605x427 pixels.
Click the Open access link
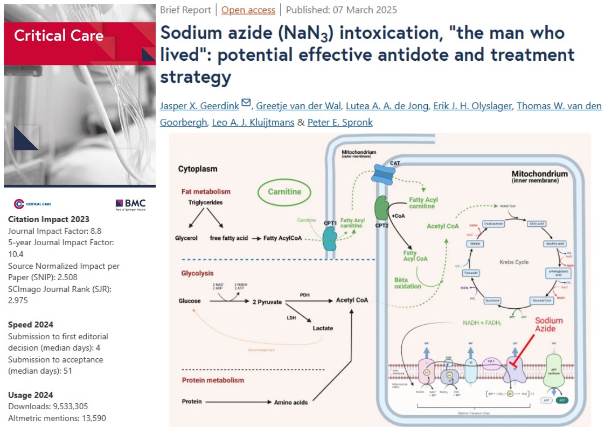[x=248, y=10]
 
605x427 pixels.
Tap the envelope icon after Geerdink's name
[x=246, y=103]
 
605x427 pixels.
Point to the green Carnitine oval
[x=284, y=191]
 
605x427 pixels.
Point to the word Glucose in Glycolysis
[x=190, y=301]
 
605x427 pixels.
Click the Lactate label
[x=323, y=328]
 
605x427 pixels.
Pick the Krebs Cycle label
[x=513, y=262]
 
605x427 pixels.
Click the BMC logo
[x=130, y=203]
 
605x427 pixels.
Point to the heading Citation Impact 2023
[x=49, y=219]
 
